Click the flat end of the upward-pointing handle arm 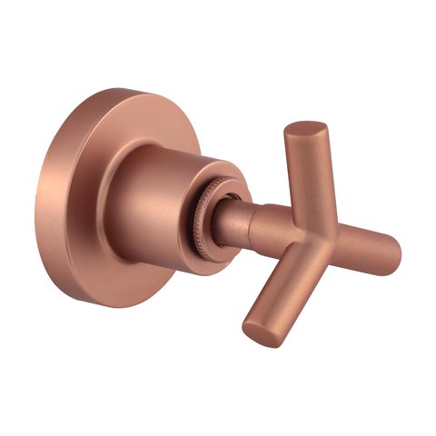coord(302,130)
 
